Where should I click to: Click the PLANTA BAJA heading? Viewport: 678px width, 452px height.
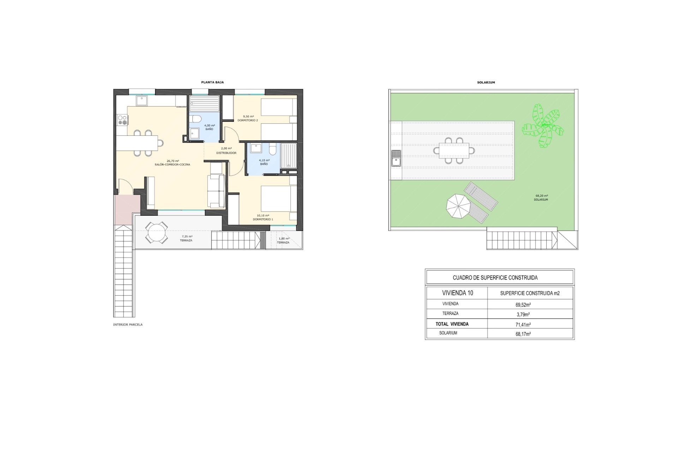click(x=212, y=82)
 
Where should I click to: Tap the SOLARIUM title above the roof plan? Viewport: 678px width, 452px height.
click(x=486, y=82)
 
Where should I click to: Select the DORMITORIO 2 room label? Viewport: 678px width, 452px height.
click(x=248, y=120)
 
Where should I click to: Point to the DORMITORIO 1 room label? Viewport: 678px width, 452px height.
click(x=263, y=219)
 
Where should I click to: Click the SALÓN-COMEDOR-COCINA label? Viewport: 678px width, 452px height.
click(x=172, y=165)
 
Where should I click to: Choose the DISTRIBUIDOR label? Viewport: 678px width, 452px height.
click(x=226, y=153)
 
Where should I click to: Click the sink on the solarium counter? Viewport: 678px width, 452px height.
click(x=396, y=158)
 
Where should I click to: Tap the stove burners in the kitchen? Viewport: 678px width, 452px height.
click(x=122, y=120)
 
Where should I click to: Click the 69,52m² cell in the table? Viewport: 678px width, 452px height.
click(x=523, y=304)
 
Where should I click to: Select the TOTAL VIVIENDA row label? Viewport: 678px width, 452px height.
click(x=452, y=324)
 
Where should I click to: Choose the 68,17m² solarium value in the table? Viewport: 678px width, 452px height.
click(x=523, y=334)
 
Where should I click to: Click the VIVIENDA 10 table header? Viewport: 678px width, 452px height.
click(x=458, y=293)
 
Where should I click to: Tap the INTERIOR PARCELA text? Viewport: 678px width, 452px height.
click(x=128, y=325)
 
